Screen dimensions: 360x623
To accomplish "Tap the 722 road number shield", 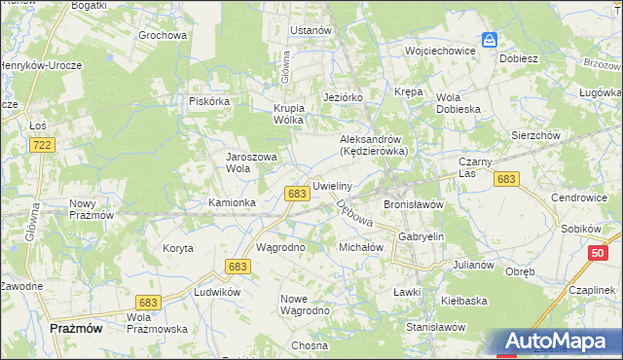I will click(x=42, y=145).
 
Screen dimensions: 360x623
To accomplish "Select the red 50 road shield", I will click(x=601, y=254).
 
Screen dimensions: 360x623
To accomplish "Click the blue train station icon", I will click(x=490, y=40).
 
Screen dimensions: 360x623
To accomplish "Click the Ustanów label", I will click(x=311, y=30).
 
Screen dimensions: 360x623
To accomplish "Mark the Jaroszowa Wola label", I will click(x=252, y=162).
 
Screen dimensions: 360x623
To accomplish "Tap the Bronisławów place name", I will click(x=414, y=205).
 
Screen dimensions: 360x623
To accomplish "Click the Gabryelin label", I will click(x=421, y=236).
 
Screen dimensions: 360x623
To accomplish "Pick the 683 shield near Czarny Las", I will click(x=506, y=179).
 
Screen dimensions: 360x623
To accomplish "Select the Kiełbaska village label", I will click(x=463, y=301).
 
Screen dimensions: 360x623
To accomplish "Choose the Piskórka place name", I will click(x=208, y=100).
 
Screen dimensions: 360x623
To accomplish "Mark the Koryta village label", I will click(x=178, y=248).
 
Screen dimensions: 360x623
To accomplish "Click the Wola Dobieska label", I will click(x=458, y=103).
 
